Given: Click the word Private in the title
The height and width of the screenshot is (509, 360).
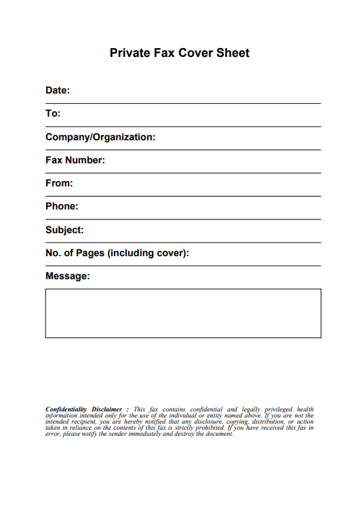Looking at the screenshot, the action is [129, 53].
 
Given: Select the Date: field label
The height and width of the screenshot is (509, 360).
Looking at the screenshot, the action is [58, 90].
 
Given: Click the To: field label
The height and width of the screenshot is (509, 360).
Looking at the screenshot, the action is [53, 114].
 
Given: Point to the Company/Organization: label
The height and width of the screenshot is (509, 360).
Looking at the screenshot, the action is [100, 137].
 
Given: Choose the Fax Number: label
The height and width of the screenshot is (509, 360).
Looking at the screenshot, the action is [75, 161].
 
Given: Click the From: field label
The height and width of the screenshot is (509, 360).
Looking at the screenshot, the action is [59, 183].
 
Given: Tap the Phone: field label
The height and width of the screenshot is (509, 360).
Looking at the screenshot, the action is [62, 206].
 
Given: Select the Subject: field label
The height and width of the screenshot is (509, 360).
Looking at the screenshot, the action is [64, 230].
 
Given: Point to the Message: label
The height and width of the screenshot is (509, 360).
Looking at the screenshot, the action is [67, 277].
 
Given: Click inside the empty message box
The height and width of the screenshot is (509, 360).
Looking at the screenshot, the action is [183, 313].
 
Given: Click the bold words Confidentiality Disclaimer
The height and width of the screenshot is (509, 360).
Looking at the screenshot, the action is [83, 409].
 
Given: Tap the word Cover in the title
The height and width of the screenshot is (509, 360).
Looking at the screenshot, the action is [197, 53].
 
